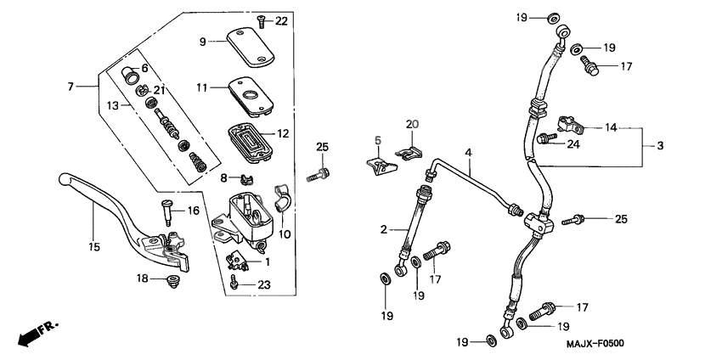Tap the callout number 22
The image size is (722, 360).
[x=281, y=20]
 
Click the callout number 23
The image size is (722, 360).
[x=264, y=285]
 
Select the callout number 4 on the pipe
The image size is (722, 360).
[x=491, y=152]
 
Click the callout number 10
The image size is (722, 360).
[x=285, y=233]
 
